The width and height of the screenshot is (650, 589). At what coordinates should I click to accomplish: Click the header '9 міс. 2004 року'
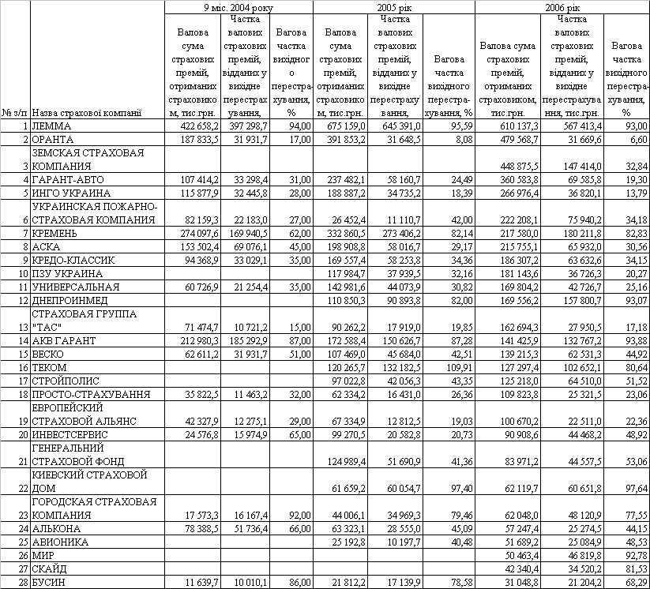[x=239, y=6]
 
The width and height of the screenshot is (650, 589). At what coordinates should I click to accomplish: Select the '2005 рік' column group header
[x=393, y=6]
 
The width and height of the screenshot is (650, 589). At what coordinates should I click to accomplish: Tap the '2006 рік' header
[x=562, y=6]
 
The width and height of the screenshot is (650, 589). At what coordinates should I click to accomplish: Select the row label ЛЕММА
[x=51, y=126]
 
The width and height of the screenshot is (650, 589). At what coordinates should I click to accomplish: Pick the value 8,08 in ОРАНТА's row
[x=459, y=139]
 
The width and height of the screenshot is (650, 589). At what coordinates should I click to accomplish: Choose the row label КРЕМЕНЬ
[x=55, y=234]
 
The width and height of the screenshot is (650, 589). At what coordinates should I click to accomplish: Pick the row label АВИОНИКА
[x=60, y=542]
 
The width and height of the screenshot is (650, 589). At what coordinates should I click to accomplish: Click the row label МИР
[x=43, y=555]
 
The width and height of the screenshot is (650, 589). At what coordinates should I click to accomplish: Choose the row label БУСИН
[x=49, y=582]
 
